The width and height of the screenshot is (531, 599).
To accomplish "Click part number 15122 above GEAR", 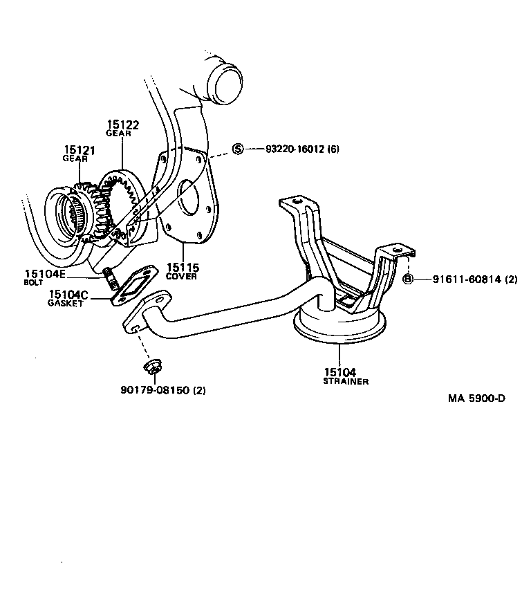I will coord(122,125).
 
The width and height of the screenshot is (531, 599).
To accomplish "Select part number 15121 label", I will coord(80,150).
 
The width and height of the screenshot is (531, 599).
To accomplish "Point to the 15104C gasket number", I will coord(68,295).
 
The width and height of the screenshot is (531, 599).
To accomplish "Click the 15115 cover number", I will coord(181,268).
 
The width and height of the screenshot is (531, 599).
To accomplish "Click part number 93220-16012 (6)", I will coord(302,149).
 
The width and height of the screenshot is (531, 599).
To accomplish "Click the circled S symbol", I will coord(238,149).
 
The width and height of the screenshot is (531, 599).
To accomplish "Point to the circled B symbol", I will coord(408,279).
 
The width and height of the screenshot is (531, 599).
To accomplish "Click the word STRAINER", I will coord(345,381).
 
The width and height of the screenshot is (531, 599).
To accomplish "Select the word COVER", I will coord(181,276).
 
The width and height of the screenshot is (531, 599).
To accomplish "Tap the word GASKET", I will coord(66,304).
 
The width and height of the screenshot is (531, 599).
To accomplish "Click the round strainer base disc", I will coord(339,325).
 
